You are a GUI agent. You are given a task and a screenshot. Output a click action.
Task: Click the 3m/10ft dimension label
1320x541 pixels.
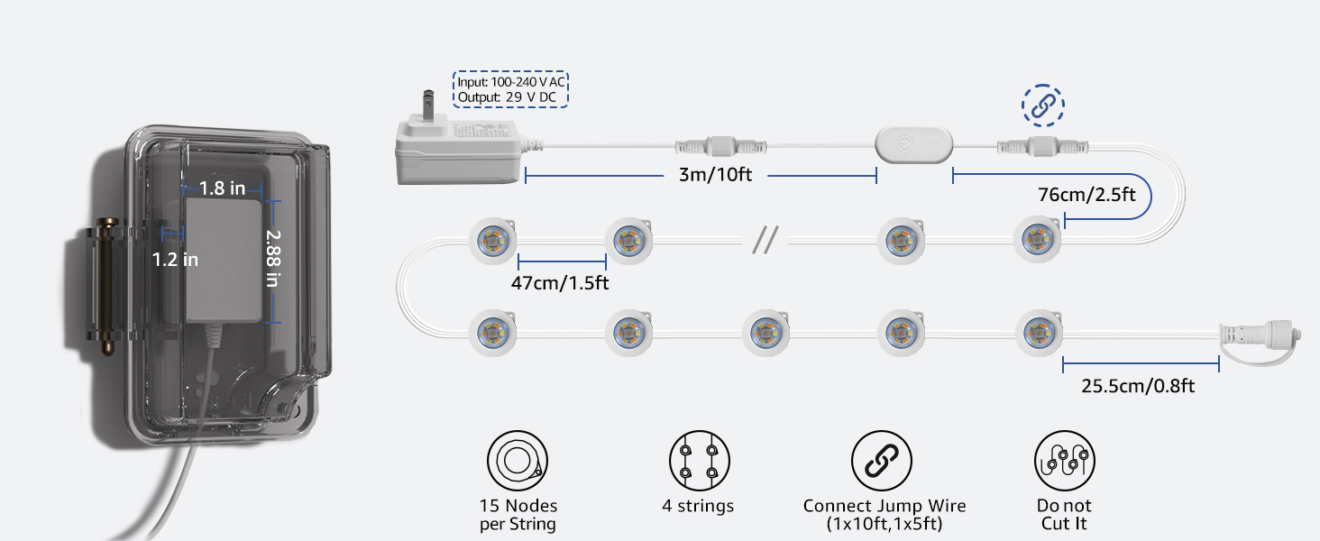(715, 175)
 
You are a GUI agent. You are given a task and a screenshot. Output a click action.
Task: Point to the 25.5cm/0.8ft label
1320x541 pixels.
(1138, 386)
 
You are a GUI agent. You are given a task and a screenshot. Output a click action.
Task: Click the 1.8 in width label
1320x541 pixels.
(223, 188)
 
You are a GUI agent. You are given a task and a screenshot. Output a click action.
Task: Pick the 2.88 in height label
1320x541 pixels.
(273, 257)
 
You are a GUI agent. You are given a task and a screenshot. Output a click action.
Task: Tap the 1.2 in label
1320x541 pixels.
(175, 260)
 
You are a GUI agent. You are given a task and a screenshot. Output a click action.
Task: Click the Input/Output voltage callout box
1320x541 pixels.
(510, 89)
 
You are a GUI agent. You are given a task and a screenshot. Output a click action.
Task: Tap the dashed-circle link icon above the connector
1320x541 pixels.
(1042, 105)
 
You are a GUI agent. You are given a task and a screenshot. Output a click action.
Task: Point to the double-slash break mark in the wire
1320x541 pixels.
(765, 240)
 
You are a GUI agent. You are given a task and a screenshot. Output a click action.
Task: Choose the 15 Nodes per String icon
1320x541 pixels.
(518, 461)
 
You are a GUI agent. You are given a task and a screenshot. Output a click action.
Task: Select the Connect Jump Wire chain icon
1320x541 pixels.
(881, 461)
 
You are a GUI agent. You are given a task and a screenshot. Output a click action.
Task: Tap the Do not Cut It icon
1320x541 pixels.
(1064, 461)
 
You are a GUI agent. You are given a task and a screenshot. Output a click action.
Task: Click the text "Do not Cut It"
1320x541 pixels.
(1064, 515)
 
